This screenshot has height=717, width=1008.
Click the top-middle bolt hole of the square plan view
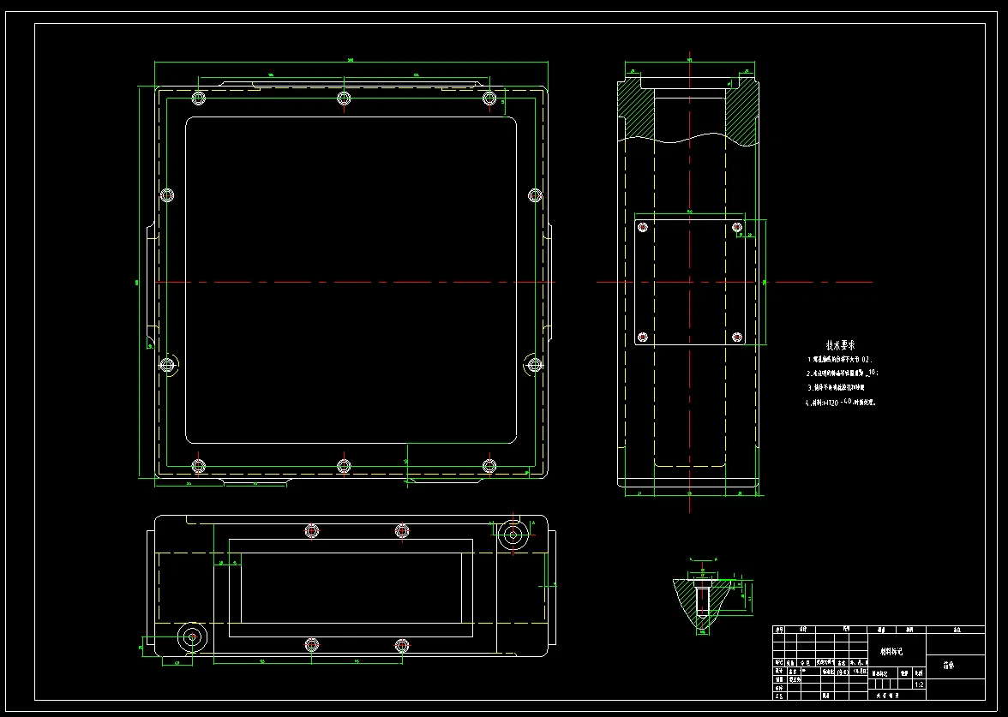344,97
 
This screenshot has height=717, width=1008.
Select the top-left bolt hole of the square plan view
199,98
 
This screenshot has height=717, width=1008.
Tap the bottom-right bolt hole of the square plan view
489,465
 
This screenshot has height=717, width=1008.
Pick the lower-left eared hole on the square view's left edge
168,365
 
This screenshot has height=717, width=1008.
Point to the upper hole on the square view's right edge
535,194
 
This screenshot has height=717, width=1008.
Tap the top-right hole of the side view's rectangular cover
737,227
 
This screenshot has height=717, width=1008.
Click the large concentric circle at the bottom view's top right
513,535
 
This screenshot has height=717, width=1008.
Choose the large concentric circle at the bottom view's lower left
191,636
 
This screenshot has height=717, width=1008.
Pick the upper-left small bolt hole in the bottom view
311,531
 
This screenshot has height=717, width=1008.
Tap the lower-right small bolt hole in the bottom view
401,644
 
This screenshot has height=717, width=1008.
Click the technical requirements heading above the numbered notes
841,344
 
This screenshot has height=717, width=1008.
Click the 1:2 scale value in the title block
920,684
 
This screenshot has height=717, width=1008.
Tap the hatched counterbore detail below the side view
702,600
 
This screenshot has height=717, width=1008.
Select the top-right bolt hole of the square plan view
489,98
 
